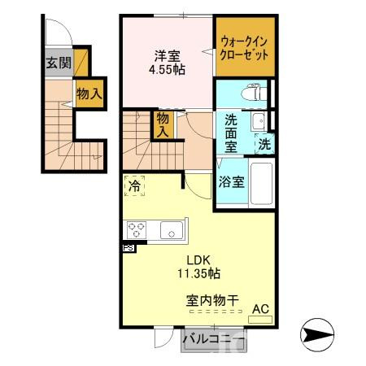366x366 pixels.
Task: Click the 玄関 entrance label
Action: click(57, 63)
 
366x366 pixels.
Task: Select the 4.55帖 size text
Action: click(167, 70)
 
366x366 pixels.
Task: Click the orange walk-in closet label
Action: click(244, 46)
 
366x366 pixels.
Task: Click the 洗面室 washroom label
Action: click(231, 133)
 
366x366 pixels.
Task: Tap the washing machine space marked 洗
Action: click(264, 145)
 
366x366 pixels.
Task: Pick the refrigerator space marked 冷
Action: click(135, 186)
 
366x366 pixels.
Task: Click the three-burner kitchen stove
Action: click(136, 229)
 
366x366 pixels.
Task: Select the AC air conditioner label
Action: click(261, 309)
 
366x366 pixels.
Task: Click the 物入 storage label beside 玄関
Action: click(89, 94)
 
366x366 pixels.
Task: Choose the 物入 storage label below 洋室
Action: click(163, 124)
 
